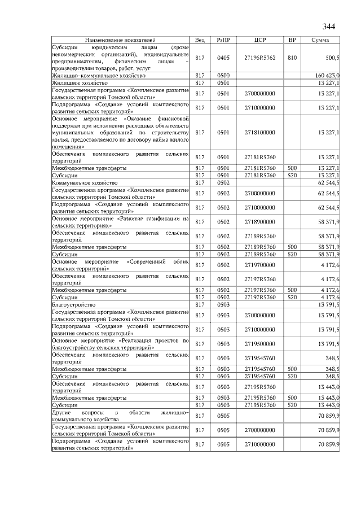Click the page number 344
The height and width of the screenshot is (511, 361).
[329, 27]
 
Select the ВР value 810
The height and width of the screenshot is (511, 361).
[292, 58]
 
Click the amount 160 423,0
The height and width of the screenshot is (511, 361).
[327, 75]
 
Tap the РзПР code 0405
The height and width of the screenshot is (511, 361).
[223, 58]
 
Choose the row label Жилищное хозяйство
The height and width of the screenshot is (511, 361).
[76, 82]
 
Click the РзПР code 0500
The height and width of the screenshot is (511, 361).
[223, 75]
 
